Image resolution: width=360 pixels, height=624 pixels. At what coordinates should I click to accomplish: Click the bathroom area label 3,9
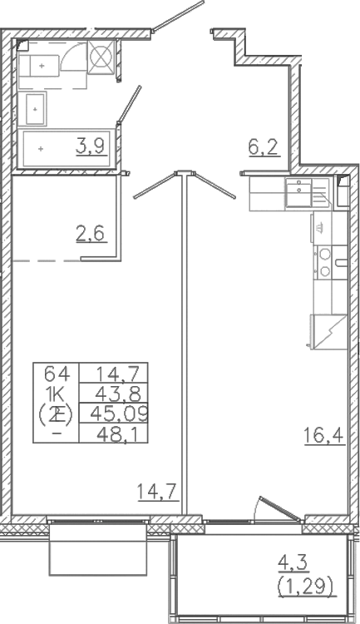(91, 148)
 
